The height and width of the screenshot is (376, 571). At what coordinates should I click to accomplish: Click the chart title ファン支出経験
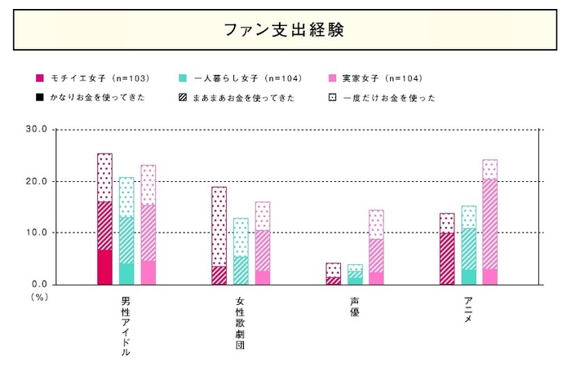[285, 30]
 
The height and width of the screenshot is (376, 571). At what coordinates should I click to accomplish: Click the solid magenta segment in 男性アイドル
[104, 268]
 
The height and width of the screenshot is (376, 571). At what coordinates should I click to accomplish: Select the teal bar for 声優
[355, 275]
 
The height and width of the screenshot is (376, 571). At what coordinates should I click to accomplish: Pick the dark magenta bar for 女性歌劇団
[219, 236]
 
